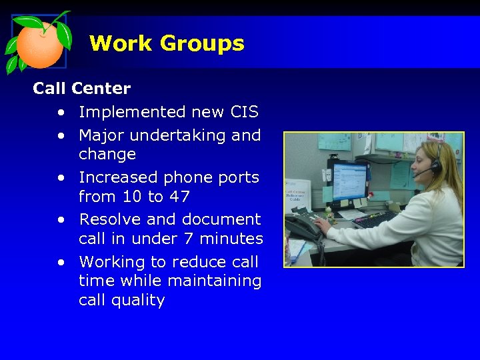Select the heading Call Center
click(82, 88)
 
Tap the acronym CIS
click(244, 112)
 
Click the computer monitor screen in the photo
click(349, 182)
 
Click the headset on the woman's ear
click(435, 166)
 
